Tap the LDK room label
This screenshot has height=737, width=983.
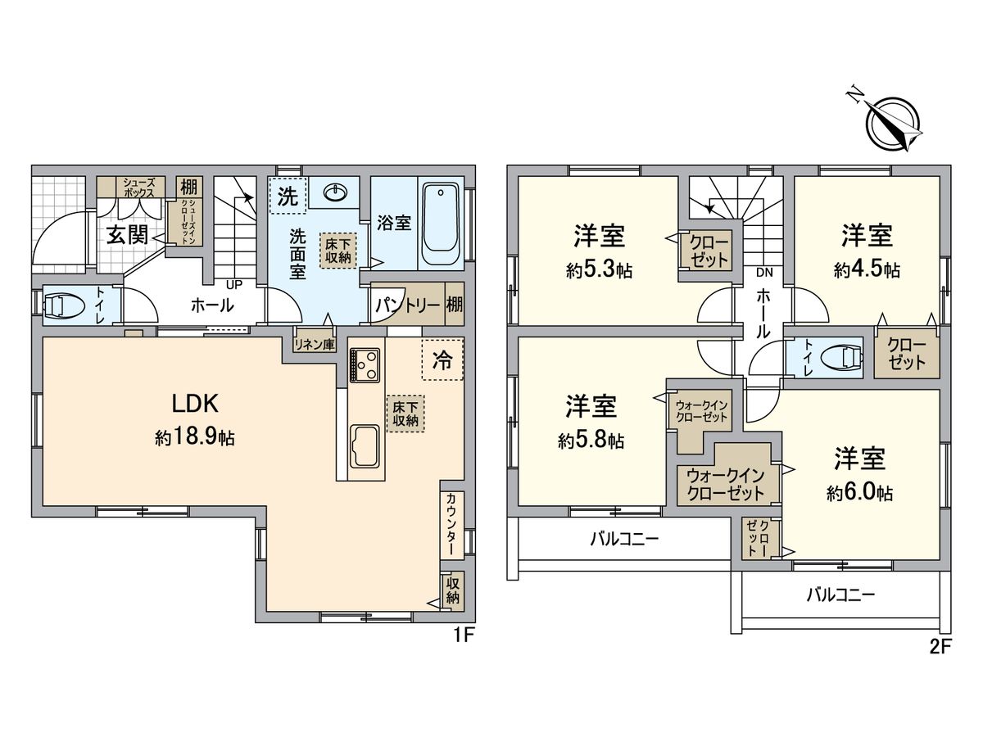[194, 404]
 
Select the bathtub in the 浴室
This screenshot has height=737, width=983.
[440, 222]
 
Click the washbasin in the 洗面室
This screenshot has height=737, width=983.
[337, 192]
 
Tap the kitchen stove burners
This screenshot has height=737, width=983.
[365, 364]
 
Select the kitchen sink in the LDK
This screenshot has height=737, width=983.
[365, 443]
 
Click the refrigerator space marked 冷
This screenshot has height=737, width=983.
[442, 360]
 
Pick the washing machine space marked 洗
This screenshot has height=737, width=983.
[287, 197]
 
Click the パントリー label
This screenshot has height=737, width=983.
[405, 306]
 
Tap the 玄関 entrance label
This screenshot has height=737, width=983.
[127, 235]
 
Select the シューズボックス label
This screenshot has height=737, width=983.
[131, 187]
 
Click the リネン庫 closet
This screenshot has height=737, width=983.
[315, 345]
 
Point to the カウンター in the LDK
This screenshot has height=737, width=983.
[451, 525]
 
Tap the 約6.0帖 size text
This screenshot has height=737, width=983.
[859, 493]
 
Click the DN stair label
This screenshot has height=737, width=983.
[763, 273]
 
